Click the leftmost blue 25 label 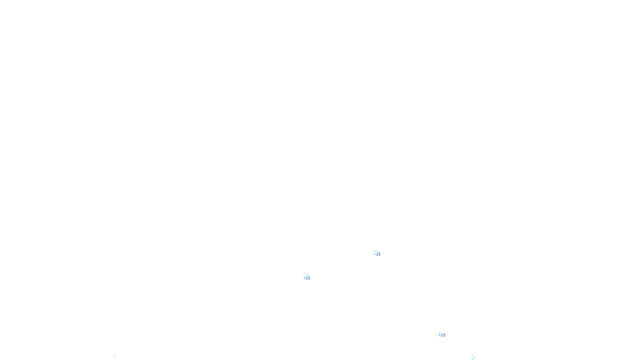click(308, 278)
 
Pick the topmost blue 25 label click(378, 254)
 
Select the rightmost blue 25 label click(443, 335)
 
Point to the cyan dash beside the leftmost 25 click(305, 276)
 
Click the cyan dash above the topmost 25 click(375, 252)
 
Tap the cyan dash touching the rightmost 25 click(439, 334)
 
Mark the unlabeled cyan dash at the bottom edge click(473, 358)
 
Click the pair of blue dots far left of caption click(115, 355)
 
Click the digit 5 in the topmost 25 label click(379, 254)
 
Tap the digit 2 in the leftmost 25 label click(307, 278)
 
